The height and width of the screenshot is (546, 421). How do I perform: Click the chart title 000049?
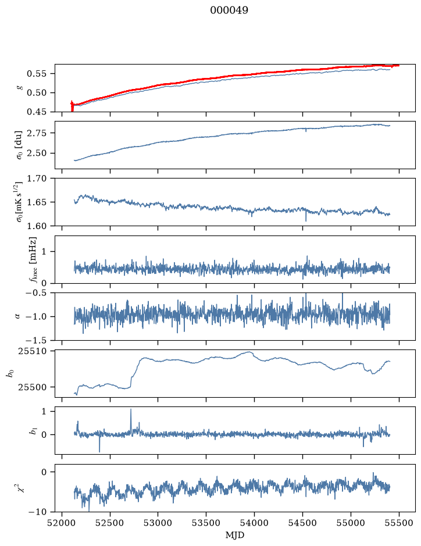(229, 10)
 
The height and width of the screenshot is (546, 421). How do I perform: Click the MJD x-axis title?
(235, 535)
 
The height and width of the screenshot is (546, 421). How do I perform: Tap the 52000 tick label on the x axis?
(62, 523)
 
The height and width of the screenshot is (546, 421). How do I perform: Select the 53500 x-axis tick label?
(206, 523)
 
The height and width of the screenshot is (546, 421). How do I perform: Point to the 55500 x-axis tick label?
(399, 523)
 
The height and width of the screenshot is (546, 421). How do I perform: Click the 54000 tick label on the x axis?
(254, 523)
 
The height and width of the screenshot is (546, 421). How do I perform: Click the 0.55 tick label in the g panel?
(36, 74)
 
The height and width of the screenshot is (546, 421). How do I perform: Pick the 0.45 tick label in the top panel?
(36, 112)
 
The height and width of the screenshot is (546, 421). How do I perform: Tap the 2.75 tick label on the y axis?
(36, 133)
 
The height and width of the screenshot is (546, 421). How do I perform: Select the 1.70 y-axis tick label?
(36, 179)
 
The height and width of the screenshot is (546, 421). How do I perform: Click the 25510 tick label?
(32, 351)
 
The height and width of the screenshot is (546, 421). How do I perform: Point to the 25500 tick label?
(32, 387)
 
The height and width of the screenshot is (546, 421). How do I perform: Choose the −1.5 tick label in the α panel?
(36, 340)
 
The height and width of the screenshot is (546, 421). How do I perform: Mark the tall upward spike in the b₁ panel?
(131, 409)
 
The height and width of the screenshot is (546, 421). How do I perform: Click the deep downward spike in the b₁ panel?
(99, 452)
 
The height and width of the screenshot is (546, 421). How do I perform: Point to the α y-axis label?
(17, 316)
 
